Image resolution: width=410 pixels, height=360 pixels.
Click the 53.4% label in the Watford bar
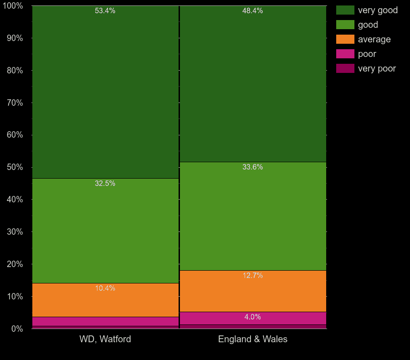point(105,11)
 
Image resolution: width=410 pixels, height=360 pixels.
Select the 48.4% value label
point(252,11)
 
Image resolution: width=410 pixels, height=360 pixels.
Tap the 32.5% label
point(105,184)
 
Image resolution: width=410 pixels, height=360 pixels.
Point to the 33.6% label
point(252,167)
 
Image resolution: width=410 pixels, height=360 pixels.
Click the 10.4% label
point(105,288)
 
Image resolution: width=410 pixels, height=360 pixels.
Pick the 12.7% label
point(252,276)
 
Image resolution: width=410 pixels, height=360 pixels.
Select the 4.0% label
point(252,317)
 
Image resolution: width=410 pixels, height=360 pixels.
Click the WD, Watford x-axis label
point(105,339)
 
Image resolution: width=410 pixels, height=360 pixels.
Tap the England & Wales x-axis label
point(252,339)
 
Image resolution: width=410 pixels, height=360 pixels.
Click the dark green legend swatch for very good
point(345,10)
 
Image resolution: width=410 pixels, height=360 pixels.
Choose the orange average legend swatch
point(345,39)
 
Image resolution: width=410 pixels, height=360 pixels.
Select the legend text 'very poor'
point(377,68)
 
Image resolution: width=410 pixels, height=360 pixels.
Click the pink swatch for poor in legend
point(345,54)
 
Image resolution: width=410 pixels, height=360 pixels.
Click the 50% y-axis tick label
point(14,167)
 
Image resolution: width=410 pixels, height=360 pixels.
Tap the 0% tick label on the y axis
point(16,329)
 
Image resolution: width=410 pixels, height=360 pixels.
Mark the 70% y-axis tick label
point(14,103)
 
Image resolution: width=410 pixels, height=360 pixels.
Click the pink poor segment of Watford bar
point(105,321)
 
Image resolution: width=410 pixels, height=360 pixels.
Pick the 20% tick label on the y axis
point(14,264)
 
